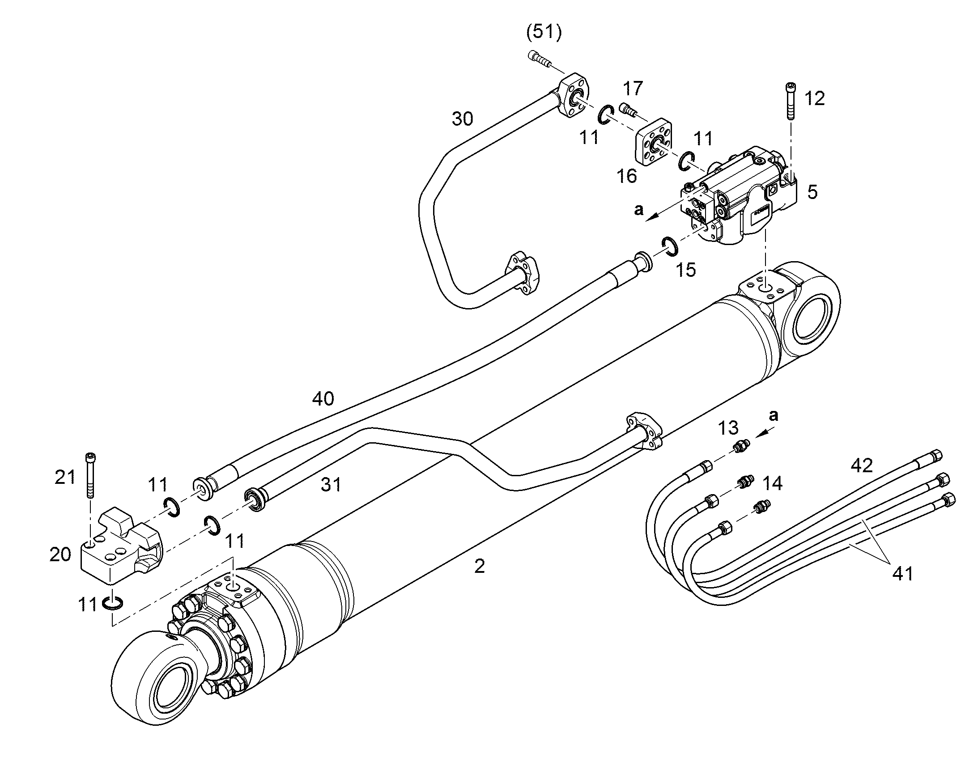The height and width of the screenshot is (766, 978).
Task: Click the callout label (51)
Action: tap(544, 33)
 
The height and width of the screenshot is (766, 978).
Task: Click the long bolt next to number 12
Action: tap(791, 101)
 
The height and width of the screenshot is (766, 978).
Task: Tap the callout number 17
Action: tap(633, 88)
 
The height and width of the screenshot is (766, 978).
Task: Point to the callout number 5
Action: tap(812, 192)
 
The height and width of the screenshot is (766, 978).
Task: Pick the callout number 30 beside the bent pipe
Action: tap(462, 119)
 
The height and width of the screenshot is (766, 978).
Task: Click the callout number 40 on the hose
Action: tap(323, 398)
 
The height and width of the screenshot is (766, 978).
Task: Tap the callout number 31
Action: tap(331, 484)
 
